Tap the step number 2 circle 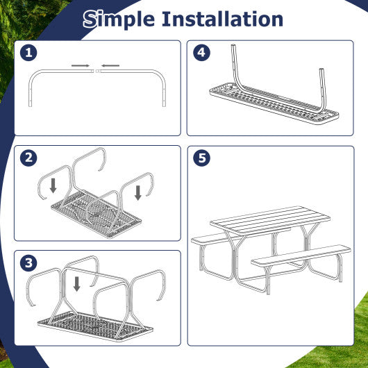pyautogui.click(x=28, y=158)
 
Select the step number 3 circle pyautogui.click(x=28, y=263)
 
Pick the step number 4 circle pyautogui.click(x=201, y=52)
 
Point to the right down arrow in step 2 pyautogui.click(x=138, y=192)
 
